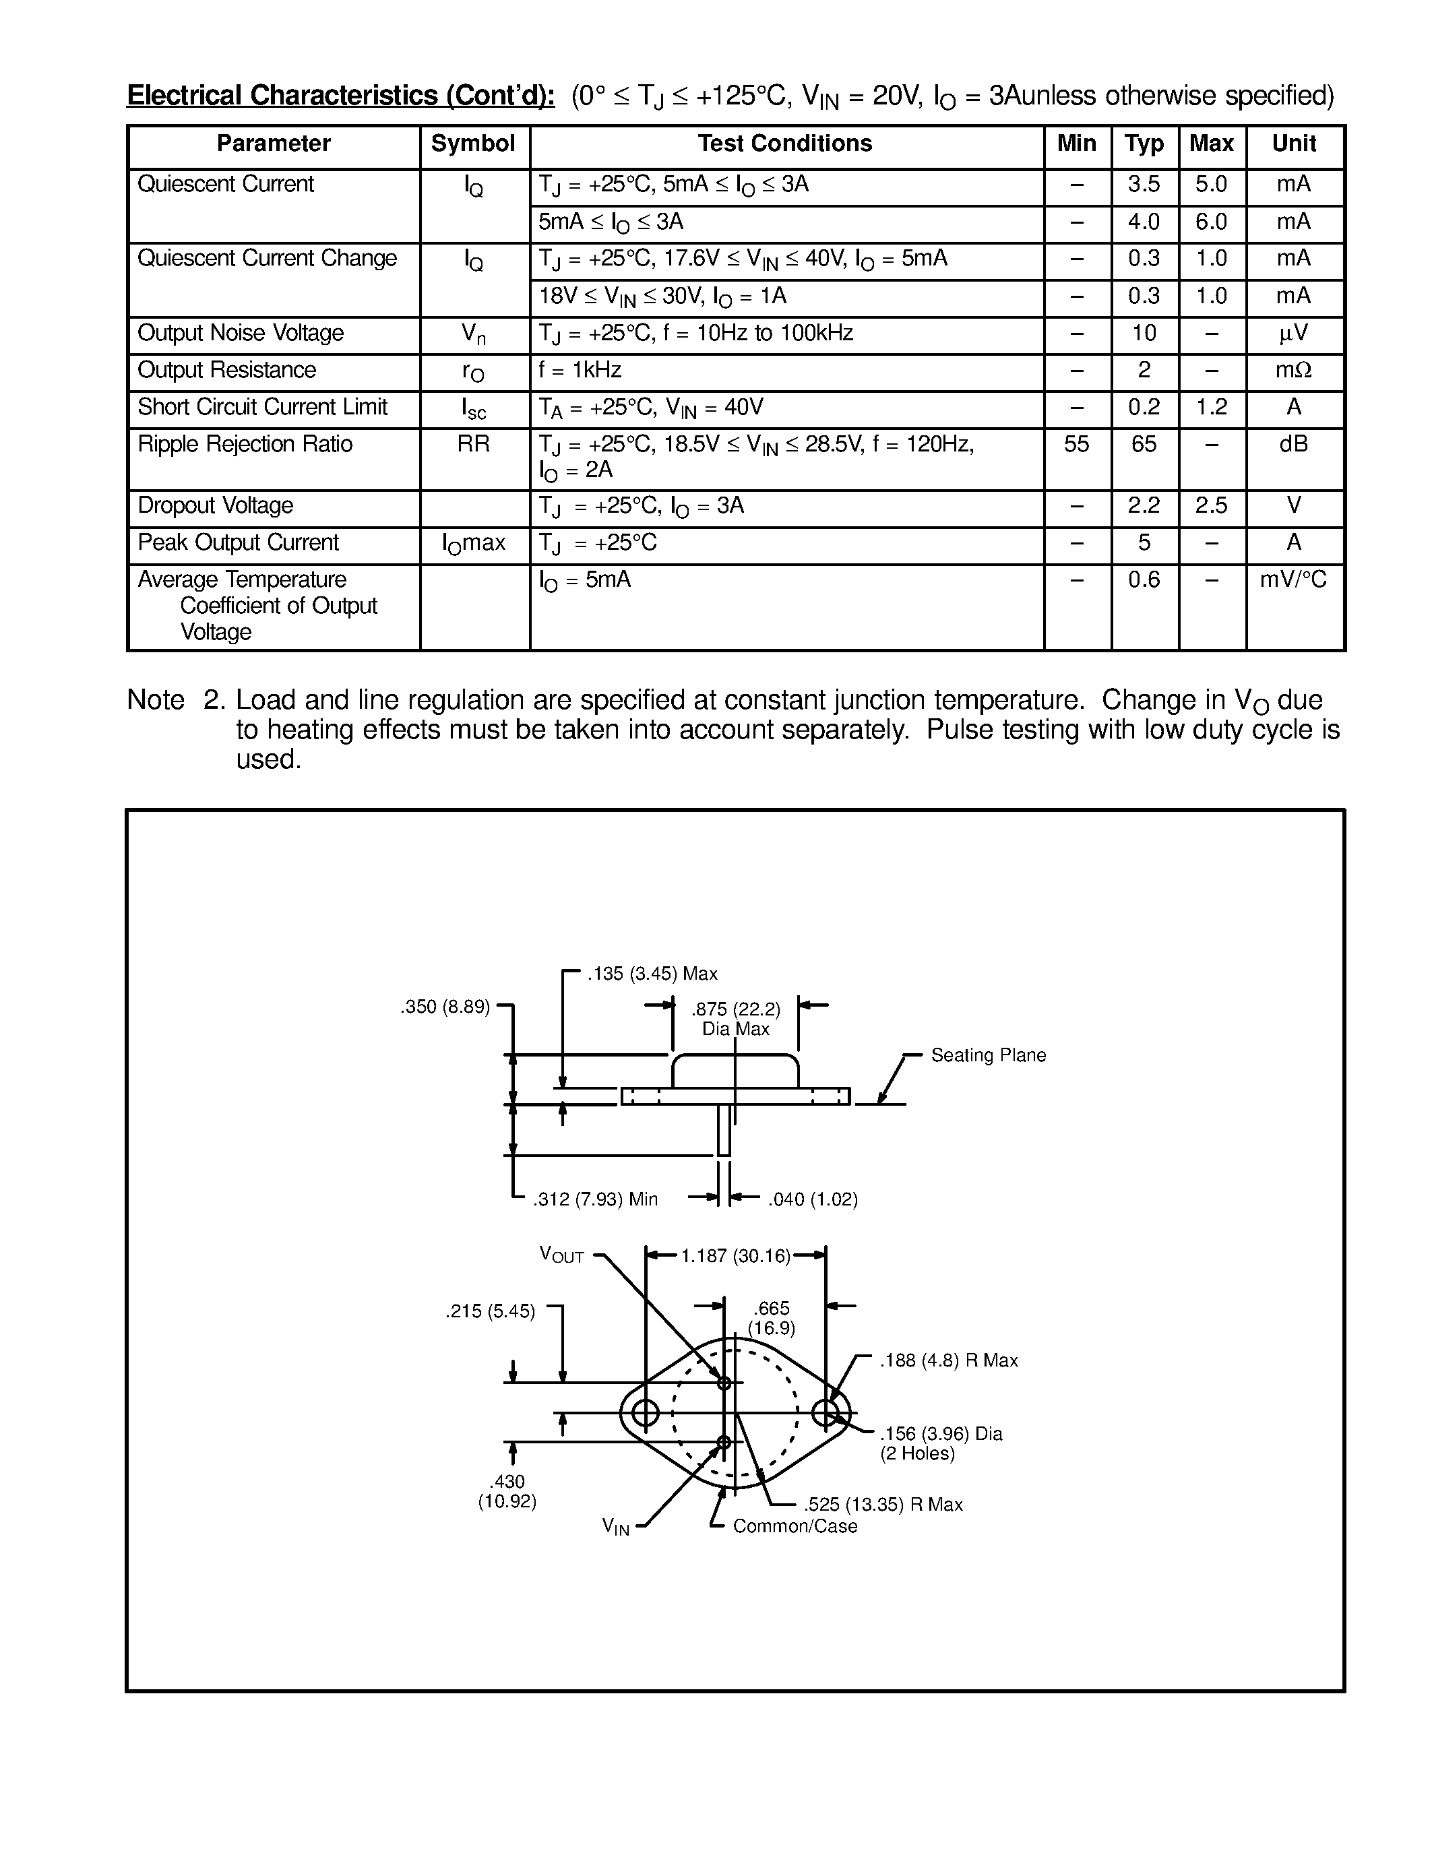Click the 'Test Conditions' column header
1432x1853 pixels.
pyautogui.click(x=784, y=144)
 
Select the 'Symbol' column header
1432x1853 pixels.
pyautogui.click(x=472, y=144)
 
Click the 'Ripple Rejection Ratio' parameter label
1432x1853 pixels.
pyautogui.click(x=245, y=444)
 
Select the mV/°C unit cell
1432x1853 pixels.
pyautogui.click(x=1293, y=579)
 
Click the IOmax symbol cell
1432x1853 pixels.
pyautogui.click(x=473, y=543)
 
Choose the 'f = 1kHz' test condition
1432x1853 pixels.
pyautogui.click(x=580, y=370)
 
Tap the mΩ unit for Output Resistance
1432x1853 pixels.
pyautogui.click(x=1293, y=370)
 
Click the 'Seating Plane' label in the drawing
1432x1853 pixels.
pyautogui.click(x=989, y=1055)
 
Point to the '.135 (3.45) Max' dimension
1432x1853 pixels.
pyautogui.click(x=652, y=973)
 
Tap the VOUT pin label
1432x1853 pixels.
pyautogui.click(x=561, y=1255)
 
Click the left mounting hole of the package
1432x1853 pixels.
pyautogui.click(x=646, y=1412)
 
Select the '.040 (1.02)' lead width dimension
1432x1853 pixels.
pyautogui.click(x=813, y=1199)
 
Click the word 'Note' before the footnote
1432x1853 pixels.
pyautogui.click(x=155, y=700)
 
